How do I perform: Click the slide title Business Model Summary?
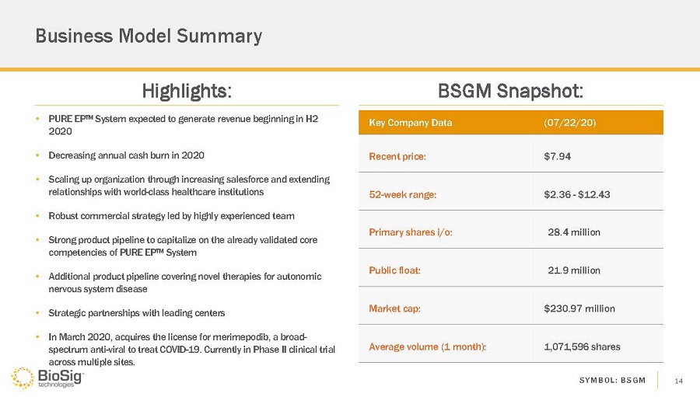[x=149, y=37]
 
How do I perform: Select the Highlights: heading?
[x=187, y=91]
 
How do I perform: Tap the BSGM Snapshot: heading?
[x=511, y=91]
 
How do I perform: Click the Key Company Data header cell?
[x=410, y=123]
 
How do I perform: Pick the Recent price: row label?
[x=397, y=156]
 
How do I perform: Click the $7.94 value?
[x=558, y=156]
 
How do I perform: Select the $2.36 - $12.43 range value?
[x=577, y=194]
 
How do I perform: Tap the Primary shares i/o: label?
[x=411, y=232]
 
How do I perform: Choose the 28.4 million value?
[x=574, y=232]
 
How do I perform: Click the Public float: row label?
[x=395, y=270]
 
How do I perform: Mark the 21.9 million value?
[x=574, y=270]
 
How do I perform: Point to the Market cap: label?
[x=395, y=308]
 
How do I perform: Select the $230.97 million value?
[x=579, y=308]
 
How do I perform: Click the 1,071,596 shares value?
[x=583, y=347]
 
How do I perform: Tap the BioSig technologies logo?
[x=47, y=378]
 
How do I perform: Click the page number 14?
[x=678, y=380]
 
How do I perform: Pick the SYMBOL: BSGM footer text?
[x=612, y=380]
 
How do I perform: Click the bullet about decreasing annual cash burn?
[x=126, y=155]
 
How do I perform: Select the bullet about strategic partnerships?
[x=136, y=313]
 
